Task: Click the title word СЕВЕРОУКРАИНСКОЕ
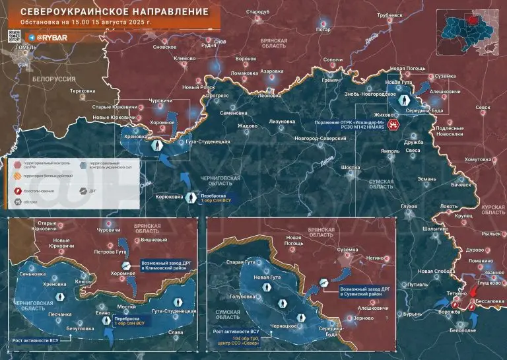(x=61, y=12)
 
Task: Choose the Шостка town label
(x=350, y=168)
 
